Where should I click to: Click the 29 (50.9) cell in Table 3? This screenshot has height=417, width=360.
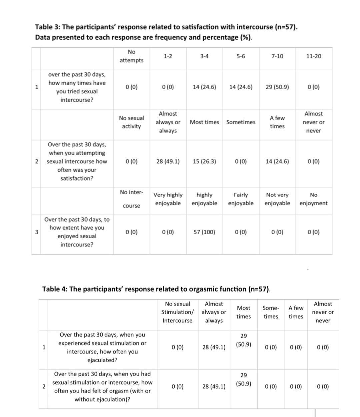pos(277,87)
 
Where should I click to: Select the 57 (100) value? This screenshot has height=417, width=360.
pos(204,232)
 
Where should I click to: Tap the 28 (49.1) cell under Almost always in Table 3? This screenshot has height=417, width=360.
pos(168,162)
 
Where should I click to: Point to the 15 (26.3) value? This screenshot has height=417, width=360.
pos(204,162)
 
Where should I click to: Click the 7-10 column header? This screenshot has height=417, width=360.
pos(277,56)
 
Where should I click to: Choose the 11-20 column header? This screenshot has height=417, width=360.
pos(314,56)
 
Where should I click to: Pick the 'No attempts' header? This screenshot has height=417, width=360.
pos(132,56)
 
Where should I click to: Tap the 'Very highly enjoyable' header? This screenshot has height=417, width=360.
pos(168,199)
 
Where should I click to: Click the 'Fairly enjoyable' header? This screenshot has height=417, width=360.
pos(241,199)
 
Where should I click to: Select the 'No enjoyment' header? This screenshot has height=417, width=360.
pos(313,199)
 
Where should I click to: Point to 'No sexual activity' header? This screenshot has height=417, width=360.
pos(132,122)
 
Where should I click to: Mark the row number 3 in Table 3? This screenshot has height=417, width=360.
pos(36,232)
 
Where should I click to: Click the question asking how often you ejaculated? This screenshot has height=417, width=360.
pos(102,347)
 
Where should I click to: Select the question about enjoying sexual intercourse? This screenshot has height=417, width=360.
pos(77,232)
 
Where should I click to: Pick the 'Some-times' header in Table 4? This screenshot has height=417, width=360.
pos(271,312)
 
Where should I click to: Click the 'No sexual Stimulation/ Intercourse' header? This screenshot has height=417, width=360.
pos(177,312)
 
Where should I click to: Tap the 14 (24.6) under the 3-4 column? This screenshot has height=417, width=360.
pos(204,87)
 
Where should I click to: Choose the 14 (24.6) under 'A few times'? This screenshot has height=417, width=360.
pos(277,162)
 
